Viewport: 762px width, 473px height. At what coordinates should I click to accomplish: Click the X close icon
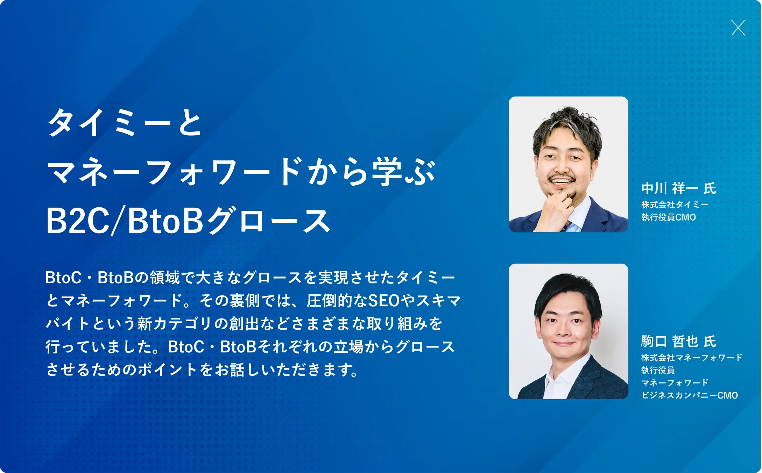pyautogui.click(x=738, y=28)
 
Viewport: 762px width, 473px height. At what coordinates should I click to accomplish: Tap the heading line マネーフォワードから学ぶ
pyautogui.click(x=241, y=171)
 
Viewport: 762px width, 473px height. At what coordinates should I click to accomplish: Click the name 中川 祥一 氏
pyautogui.click(x=679, y=188)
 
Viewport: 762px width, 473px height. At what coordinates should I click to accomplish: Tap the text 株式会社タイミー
pyautogui.click(x=675, y=205)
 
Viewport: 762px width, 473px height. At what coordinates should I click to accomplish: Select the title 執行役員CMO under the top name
pyautogui.click(x=669, y=217)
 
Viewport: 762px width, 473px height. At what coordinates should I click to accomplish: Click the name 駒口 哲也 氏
pyautogui.click(x=679, y=342)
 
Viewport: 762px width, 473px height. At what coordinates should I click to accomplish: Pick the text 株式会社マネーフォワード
pyautogui.click(x=692, y=358)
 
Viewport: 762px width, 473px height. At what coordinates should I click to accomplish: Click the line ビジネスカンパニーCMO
pyautogui.click(x=690, y=395)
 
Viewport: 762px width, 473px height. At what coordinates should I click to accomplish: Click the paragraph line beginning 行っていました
pyautogui.click(x=250, y=346)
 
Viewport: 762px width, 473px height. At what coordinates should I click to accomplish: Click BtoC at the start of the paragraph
pyautogui.click(x=63, y=278)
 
